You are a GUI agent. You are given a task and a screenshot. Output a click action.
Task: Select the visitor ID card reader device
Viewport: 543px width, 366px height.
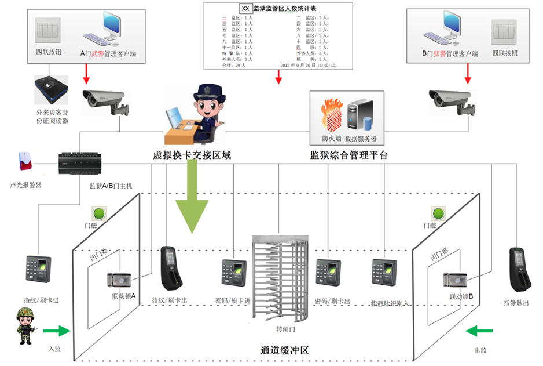[x=52, y=92]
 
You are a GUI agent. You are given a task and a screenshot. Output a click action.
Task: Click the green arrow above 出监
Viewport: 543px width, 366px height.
[x=480, y=331]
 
